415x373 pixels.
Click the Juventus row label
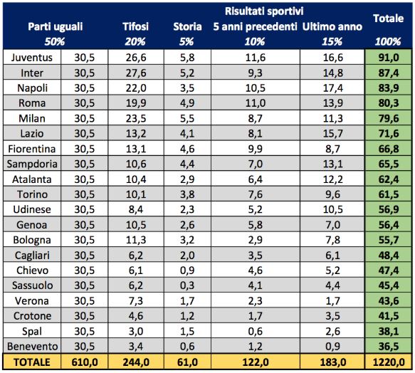tap(32, 58)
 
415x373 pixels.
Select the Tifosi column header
tap(135, 26)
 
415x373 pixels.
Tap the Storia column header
tap(187, 26)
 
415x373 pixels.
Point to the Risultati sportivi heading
tap(264, 11)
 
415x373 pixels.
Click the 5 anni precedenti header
tap(255, 26)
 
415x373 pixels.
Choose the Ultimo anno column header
tap(332, 26)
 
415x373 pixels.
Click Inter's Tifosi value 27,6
tap(136, 73)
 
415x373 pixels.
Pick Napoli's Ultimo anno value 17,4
tap(332, 88)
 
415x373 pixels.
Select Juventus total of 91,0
tap(388, 58)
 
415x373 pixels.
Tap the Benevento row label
tap(32, 346)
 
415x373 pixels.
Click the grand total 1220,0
tap(388, 362)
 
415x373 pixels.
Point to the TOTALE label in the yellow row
tap(32, 362)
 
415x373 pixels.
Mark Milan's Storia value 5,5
tap(187, 118)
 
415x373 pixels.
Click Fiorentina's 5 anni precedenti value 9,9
tap(255, 149)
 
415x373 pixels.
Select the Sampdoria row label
tap(32, 164)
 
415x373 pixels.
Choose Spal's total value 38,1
tap(388, 331)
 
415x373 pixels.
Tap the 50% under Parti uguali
tap(55, 41)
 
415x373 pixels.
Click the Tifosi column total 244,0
tap(136, 362)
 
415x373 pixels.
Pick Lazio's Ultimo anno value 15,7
tap(332, 133)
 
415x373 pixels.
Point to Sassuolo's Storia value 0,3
tap(187, 285)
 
